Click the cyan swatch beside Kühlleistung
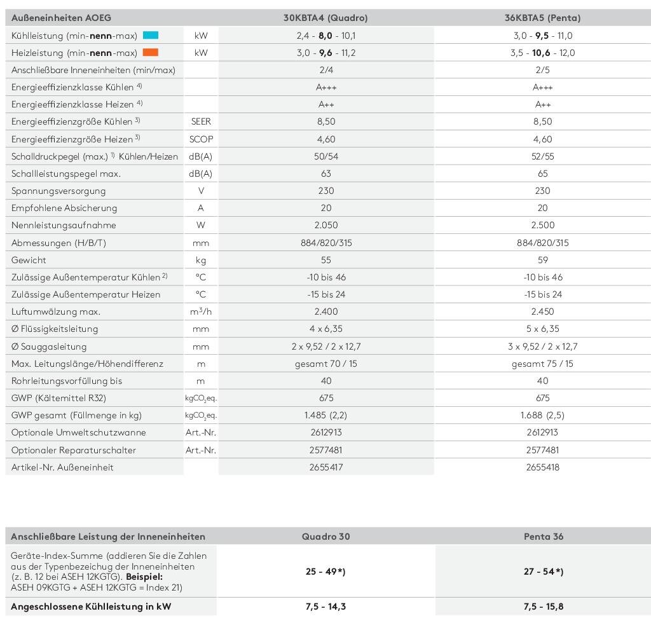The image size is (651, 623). [x=151, y=36]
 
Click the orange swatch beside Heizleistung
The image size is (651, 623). [x=151, y=53]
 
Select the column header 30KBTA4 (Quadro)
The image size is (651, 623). [x=325, y=18]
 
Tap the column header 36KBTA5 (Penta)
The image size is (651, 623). [x=542, y=18]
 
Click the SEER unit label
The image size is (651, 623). [x=201, y=121]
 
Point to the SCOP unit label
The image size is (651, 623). [x=201, y=139]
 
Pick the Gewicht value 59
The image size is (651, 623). [x=542, y=260]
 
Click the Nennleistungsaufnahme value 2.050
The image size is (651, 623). [x=325, y=225]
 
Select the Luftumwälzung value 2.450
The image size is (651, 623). [x=542, y=311]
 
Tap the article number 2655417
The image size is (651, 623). [x=325, y=467]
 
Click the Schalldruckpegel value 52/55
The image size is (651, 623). [x=542, y=156]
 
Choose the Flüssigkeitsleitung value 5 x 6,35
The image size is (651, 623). [x=542, y=329]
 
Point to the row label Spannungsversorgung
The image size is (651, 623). [x=58, y=191]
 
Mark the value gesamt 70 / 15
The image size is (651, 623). [x=325, y=364]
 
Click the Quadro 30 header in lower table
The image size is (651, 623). [x=325, y=537]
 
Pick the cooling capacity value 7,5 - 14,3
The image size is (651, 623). [x=325, y=606]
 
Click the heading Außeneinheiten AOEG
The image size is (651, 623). [x=61, y=18]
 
